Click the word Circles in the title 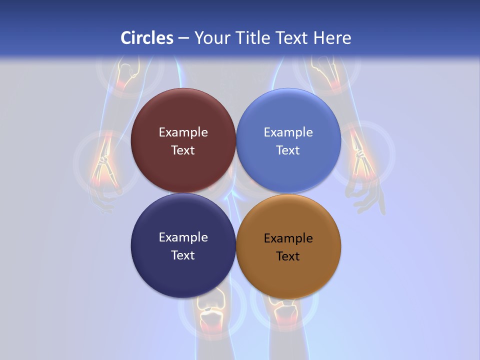[x=146, y=38]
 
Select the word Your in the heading [x=212, y=38]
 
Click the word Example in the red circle [x=183, y=132]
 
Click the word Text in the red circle [x=183, y=150]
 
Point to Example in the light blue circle [x=288, y=132]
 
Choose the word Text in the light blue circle [x=288, y=150]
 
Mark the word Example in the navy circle [x=183, y=237]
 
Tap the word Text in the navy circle [x=183, y=255]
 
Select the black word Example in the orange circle [x=288, y=238]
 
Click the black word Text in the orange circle [x=288, y=256]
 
